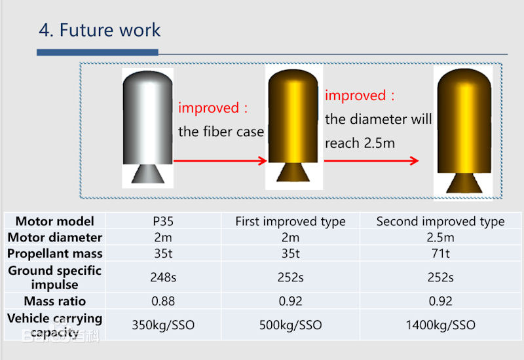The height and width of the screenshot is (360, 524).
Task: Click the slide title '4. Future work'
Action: click(100, 30)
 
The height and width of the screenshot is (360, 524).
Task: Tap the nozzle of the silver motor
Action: click(148, 173)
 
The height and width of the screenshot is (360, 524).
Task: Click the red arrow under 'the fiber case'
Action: click(220, 161)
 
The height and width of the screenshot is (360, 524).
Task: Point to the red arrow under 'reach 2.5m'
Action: click(371, 160)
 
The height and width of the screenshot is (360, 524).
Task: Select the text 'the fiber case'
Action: click(221, 132)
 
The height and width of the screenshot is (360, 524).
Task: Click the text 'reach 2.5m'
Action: click(360, 143)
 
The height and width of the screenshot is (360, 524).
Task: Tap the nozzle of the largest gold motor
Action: click(464, 183)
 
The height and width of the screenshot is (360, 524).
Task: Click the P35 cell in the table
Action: click(163, 221)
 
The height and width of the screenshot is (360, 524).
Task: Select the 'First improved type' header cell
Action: click(290, 221)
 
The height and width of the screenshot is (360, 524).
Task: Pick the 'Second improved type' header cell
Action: click(440, 221)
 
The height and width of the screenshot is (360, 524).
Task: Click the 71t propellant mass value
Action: click(440, 253)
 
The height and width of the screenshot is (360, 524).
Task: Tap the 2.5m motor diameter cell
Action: click(440, 238)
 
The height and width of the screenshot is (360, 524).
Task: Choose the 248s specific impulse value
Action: click(163, 277)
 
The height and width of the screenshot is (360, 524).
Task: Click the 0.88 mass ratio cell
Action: click(163, 301)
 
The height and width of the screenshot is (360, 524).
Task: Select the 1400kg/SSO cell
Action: click(440, 325)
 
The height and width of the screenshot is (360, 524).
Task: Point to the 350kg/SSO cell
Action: click(163, 325)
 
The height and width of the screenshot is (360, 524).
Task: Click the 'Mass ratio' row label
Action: click(55, 301)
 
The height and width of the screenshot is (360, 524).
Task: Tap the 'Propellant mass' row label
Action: click(55, 254)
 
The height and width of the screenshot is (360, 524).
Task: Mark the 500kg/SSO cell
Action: click(290, 325)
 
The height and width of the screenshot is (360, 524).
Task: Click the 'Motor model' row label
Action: click(55, 221)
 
